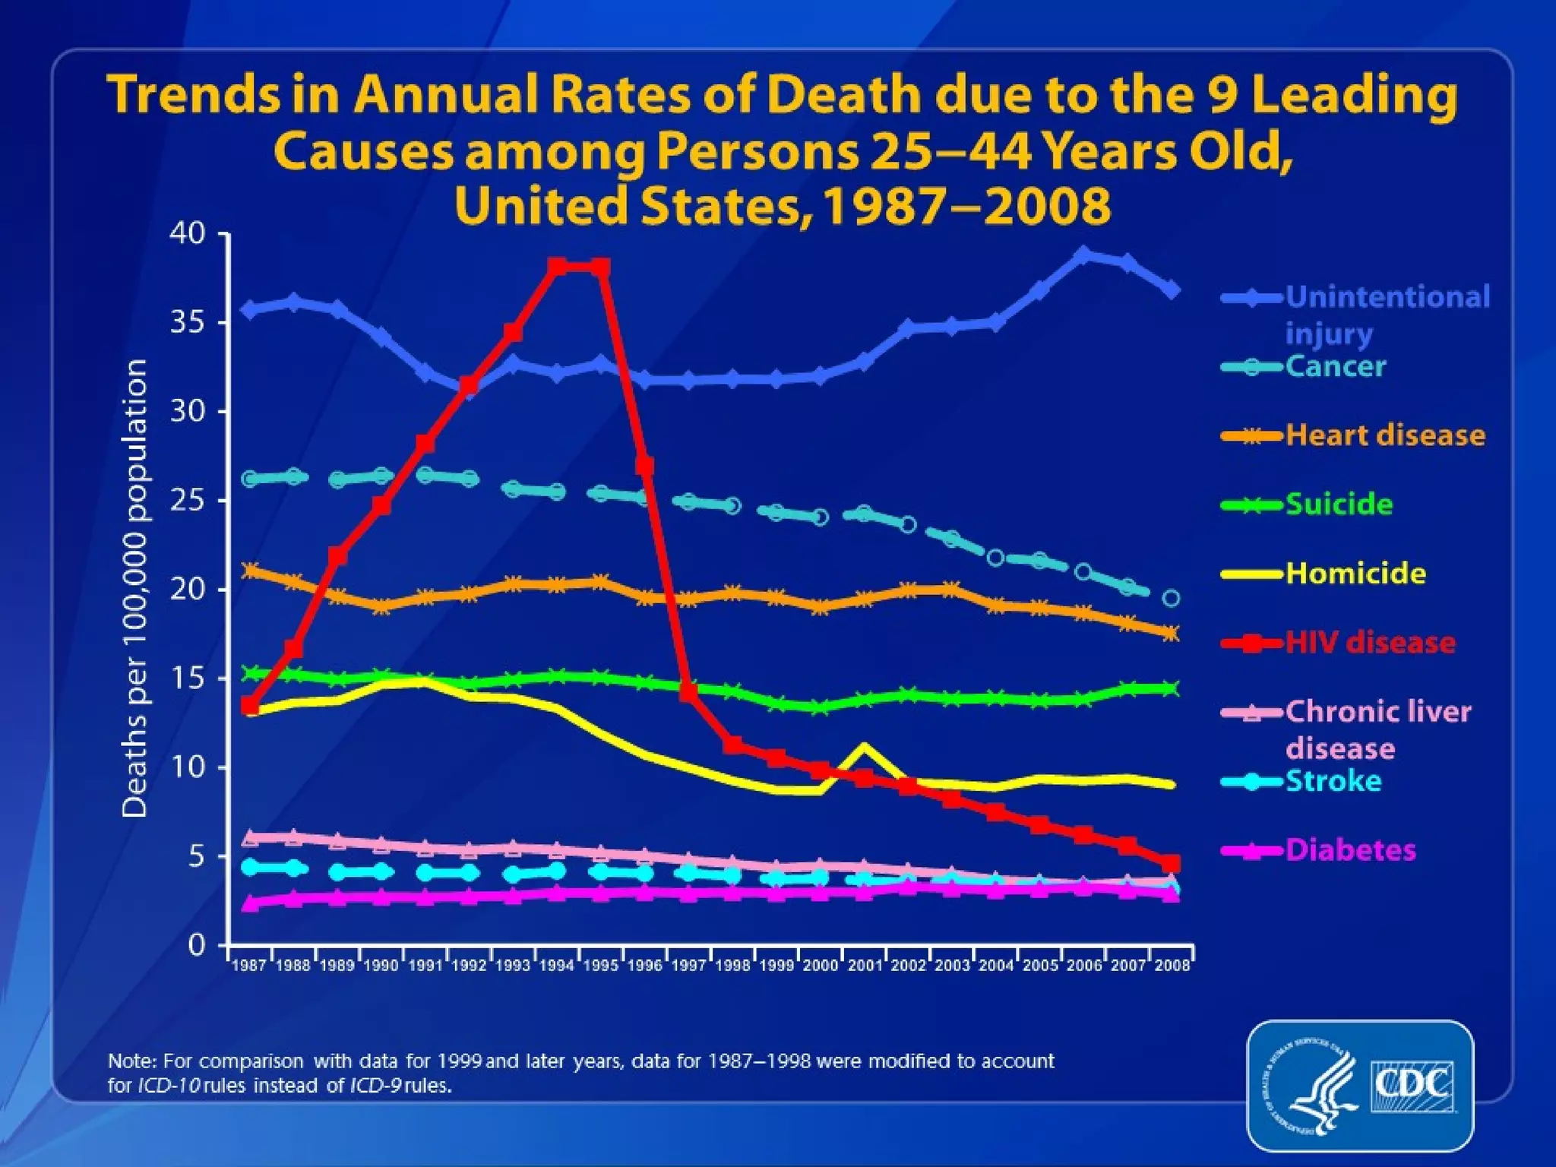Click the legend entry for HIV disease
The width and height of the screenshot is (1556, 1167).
1370,643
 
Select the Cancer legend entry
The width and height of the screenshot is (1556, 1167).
1336,367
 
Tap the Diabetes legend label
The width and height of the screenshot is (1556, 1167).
1350,850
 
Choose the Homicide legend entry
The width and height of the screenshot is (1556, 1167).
1355,574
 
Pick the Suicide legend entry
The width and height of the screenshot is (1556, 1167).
1339,504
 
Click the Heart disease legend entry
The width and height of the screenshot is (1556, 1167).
1385,435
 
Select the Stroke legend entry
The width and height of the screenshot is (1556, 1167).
1333,781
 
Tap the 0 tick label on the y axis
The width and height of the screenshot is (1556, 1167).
197,945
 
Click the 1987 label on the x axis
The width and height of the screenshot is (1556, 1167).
248,966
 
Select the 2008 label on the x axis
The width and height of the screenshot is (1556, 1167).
1172,966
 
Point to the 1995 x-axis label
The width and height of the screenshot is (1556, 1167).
600,966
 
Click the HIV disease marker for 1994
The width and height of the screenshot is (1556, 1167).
557,267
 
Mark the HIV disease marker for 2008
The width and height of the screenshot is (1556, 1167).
1171,864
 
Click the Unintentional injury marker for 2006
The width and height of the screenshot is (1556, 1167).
1083,255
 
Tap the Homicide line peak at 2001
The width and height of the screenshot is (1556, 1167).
864,746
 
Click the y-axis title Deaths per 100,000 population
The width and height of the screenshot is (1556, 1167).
135,589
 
